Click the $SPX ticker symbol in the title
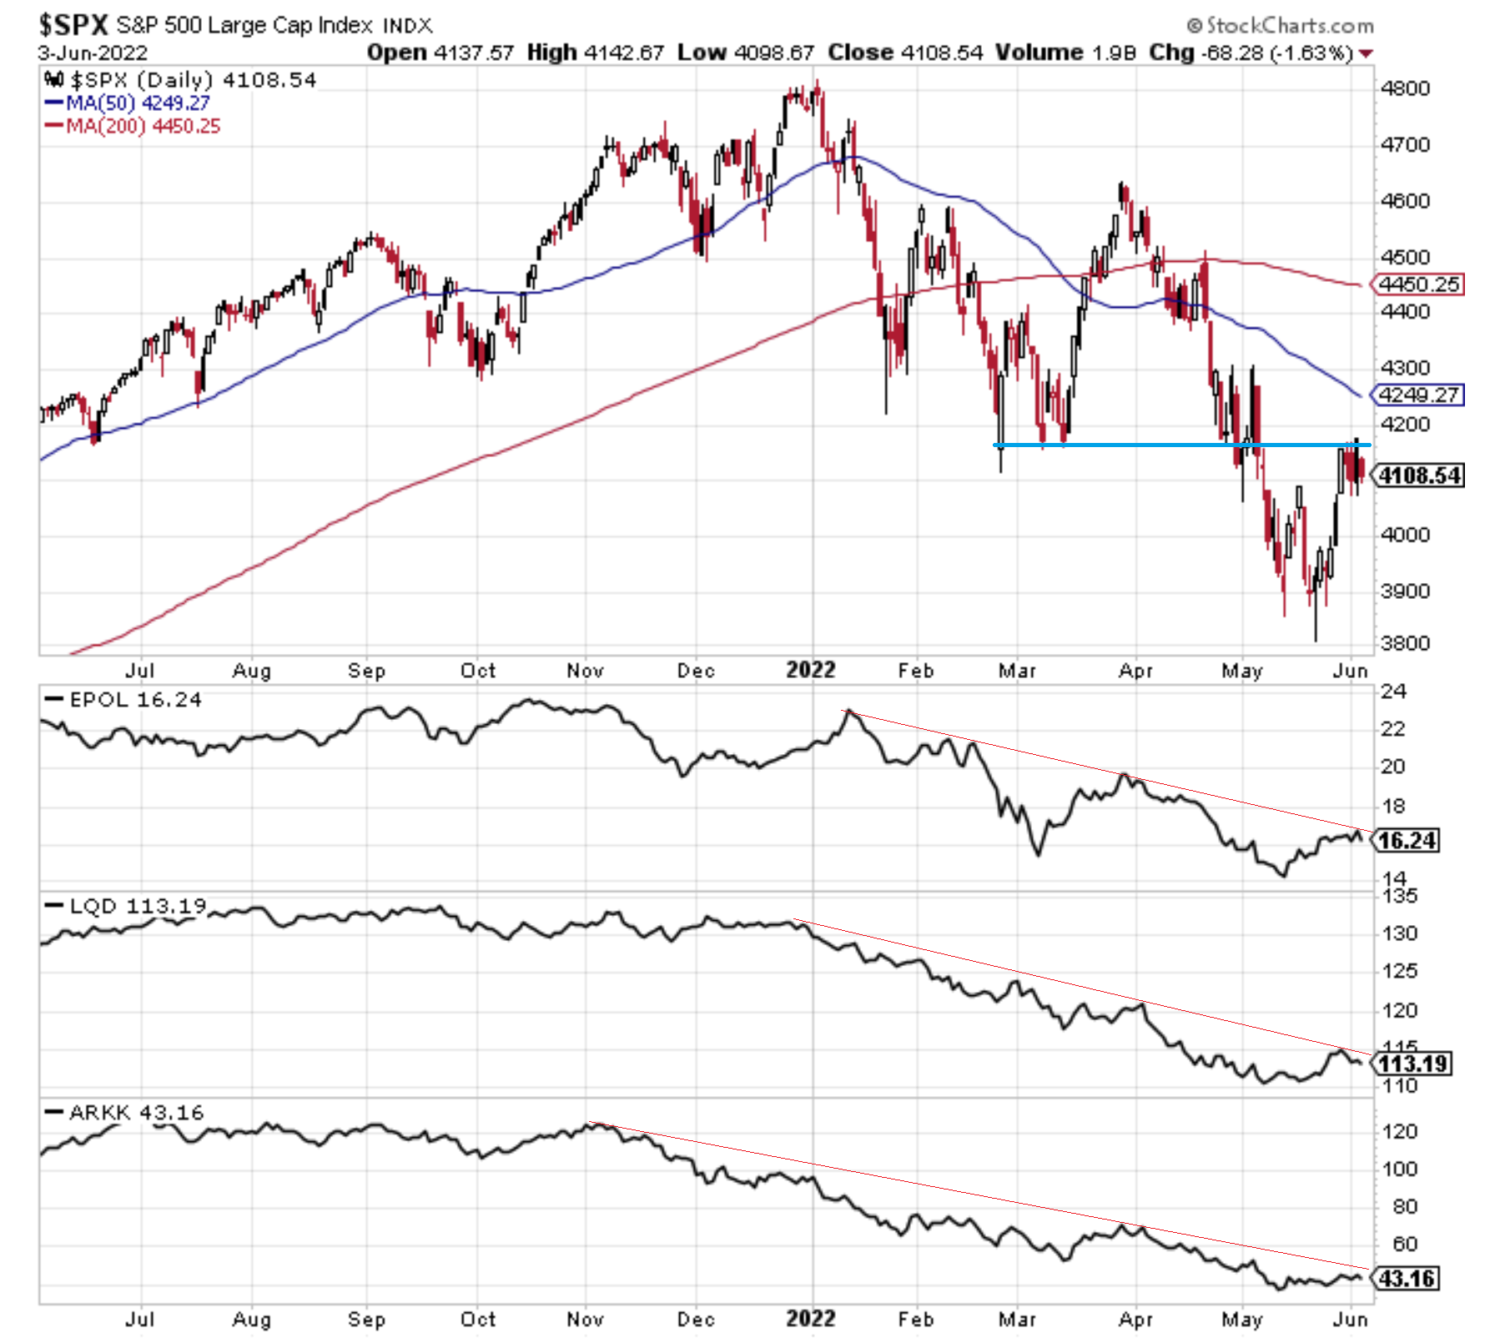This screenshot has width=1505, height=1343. pyautogui.click(x=73, y=25)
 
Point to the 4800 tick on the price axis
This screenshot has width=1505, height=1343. pyautogui.click(x=1404, y=88)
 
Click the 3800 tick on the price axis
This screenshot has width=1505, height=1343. pyautogui.click(x=1404, y=643)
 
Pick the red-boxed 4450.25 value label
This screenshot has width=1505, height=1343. pyautogui.click(x=1419, y=284)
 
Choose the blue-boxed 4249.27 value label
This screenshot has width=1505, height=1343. pyautogui.click(x=1419, y=395)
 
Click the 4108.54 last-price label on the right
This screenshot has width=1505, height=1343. pyautogui.click(x=1419, y=475)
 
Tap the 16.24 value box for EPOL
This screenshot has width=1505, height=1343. pyautogui.click(x=1407, y=840)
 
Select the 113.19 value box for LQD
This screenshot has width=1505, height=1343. pyautogui.click(x=1412, y=1064)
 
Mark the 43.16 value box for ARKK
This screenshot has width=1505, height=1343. pyautogui.click(x=1407, y=1278)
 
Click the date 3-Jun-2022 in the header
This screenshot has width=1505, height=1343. pyautogui.click(x=93, y=53)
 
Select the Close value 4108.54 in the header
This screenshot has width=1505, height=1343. pyautogui.click(x=939, y=53)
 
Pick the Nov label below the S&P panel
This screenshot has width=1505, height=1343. pyautogui.click(x=585, y=671)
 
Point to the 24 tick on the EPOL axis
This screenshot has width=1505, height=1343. pyautogui.click(x=1393, y=692)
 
